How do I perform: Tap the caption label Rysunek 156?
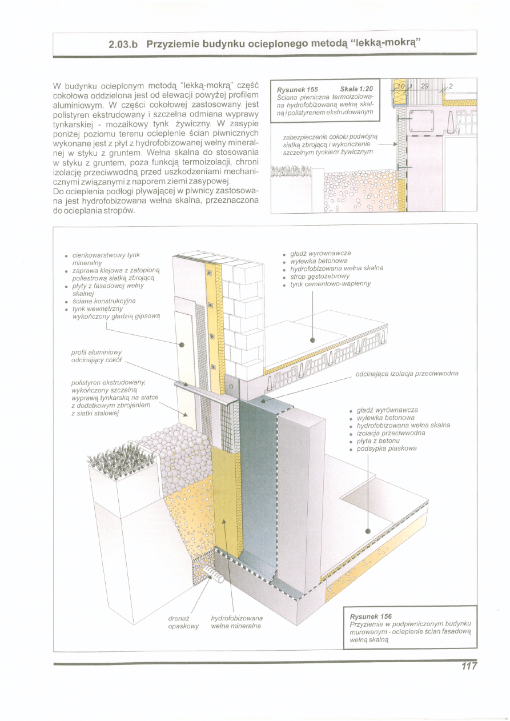click(371, 616)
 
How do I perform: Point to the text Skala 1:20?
click(356, 89)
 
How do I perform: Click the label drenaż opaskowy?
click(183, 622)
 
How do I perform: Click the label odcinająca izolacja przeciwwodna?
click(407, 374)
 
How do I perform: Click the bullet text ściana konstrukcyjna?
click(105, 301)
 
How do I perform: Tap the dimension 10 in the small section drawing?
click(401, 86)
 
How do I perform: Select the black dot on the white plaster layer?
click(182, 345)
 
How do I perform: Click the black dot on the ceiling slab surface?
click(312, 339)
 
